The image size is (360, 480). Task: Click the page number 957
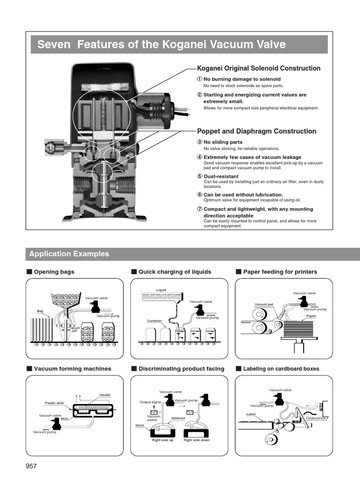point(31,466)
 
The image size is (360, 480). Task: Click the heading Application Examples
point(69,254)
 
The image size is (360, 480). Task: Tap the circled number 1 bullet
point(199,79)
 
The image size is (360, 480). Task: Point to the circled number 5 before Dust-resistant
point(199,176)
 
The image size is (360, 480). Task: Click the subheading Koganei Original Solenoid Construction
point(259,68)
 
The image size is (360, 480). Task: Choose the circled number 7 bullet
point(199,209)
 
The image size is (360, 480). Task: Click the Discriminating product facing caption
point(181,369)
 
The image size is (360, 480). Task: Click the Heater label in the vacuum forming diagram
point(105,395)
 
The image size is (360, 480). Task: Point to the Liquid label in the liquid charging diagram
point(161,290)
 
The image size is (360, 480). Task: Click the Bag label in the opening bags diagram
point(40,311)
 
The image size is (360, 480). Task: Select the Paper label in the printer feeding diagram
point(311,316)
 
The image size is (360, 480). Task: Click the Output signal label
point(150,402)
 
